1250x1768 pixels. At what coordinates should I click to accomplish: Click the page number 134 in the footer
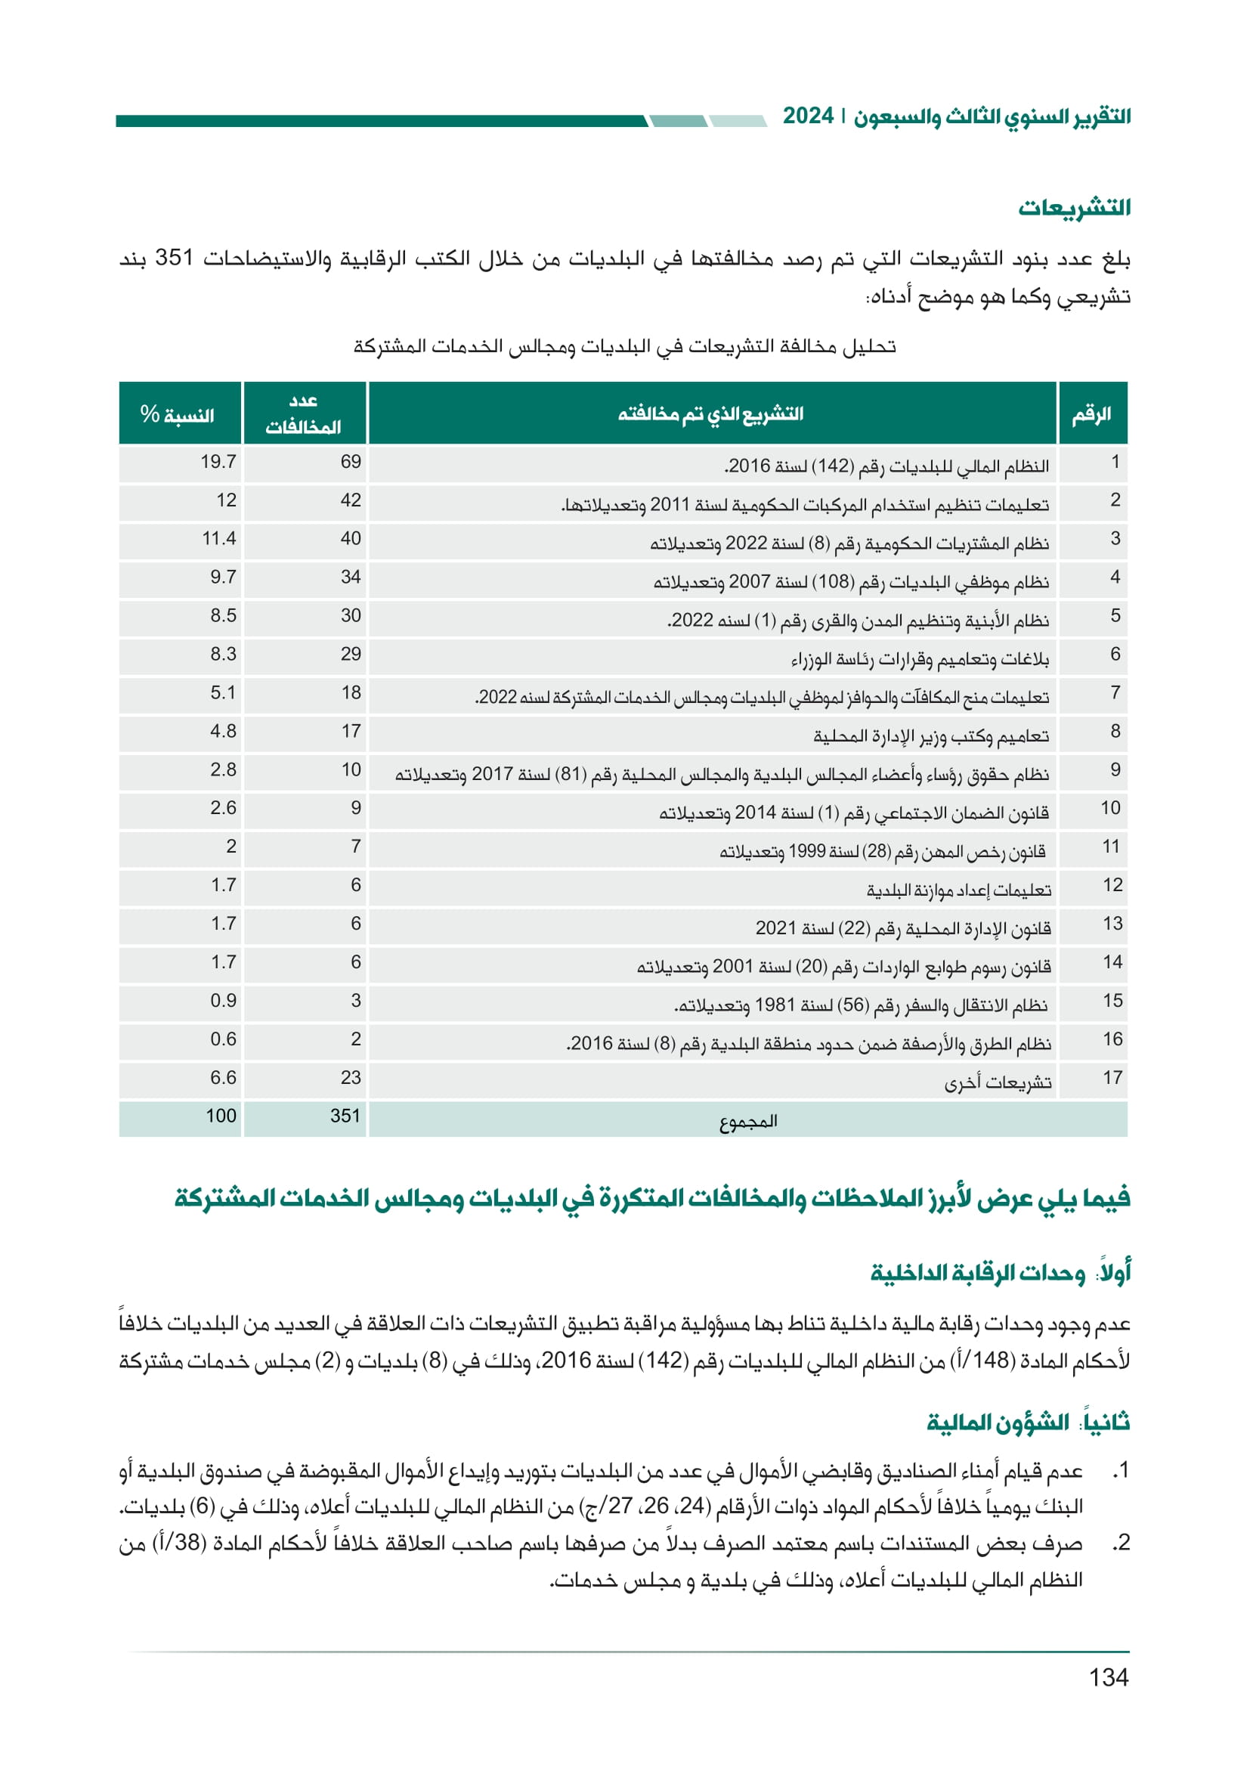pyautogui.click(x=1108, y=1677)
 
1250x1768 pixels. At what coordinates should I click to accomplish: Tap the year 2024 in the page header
pyautogui.click(x=807, y=116)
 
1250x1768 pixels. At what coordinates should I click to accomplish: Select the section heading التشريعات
pyautogui.click(x=1074, y=208)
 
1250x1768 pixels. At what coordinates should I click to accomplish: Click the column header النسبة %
pyautogui.click(x=178, y=414)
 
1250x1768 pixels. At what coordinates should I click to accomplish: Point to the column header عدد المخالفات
pyautogui.click(x=303, y=413)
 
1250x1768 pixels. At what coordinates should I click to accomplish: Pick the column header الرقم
pyautogui.click(x=1091, y=414)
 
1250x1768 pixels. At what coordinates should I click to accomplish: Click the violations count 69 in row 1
pyautogui.click(x=350, y=462)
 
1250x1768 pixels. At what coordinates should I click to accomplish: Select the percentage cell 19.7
pyautogui.click(x=218, y=462)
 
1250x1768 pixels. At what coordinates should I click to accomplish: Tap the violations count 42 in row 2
pyautogui.click(x=350, y=500)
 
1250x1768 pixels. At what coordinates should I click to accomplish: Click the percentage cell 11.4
pyautogui.click(x=218, y=539)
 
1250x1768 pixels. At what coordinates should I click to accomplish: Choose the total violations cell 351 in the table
pyautogui.click(x=345, y=1116)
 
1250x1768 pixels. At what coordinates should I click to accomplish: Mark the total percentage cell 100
pyautogui.click(x=221, y=1116)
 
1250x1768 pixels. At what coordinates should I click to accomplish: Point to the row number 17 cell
pyautogui.click(x=1112, y=1078)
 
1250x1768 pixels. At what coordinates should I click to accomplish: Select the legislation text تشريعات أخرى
pyautogui.click(x=998, y=1082)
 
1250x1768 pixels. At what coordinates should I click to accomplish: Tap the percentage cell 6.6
pyautogui.click(x=223, y=1078)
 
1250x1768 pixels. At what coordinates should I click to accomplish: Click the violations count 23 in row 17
pyautogui.click(x=350, y=1078)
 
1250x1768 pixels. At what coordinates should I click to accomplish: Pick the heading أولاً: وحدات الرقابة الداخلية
pyautogui.click(x=1000, y=1273)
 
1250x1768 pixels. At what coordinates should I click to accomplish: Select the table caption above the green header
pyautogui.click(x=624, y=346)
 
